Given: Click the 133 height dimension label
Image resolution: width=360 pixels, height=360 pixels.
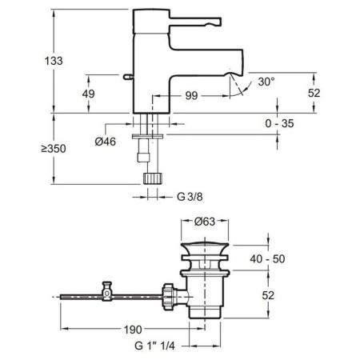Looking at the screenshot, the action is [x=54, y=61].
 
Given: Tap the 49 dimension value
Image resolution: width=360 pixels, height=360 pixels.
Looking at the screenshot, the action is [x=89, y=94].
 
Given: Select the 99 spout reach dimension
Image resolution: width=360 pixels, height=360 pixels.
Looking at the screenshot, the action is [x=191, y=96].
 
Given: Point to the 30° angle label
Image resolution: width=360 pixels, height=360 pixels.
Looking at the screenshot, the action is [x=266, y=82].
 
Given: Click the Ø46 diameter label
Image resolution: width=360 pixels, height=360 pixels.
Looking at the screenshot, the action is [x=106, y=142].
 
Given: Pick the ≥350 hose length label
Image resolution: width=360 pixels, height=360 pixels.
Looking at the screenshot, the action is [x=54, y=149].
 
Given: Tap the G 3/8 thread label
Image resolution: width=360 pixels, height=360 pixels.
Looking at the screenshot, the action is [x=190, y=197].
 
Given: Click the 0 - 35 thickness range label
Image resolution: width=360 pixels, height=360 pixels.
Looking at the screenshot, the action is [x=279, y=123].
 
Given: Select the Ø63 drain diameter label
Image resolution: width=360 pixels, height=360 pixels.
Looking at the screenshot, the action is [x=205, y=222].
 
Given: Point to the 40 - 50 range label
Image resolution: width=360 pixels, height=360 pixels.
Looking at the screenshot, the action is [x=267, y=259].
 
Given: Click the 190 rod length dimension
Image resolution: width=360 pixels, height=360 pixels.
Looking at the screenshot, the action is [x=133, y=330].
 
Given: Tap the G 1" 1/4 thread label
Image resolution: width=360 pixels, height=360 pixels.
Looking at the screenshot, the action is [x=154, y=346].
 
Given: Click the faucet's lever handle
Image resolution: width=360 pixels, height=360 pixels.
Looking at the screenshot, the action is [x=195, y=22].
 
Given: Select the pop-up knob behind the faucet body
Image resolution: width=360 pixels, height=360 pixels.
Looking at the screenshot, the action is [x=128, y=77].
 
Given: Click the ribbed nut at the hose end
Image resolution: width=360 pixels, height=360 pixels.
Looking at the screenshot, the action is [x=152, y=178].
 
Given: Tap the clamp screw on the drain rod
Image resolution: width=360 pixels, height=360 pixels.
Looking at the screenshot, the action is [x=107, y=291].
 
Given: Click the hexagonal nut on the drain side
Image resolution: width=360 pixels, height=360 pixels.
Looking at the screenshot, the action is [x=168, y=297].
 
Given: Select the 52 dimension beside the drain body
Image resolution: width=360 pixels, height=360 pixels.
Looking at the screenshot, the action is [x=268, y=295].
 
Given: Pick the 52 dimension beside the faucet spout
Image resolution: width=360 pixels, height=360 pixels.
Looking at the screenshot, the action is [x=314, y=93].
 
